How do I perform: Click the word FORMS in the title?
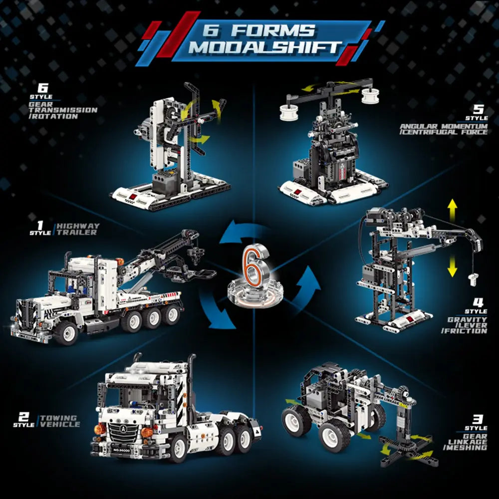point(273,30)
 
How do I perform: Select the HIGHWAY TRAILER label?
point(78,229)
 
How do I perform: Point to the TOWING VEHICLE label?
point(60,421)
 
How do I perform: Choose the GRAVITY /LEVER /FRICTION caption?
point(465,325)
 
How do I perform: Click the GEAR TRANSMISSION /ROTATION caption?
point(63,110)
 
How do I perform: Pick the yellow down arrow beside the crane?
point(452,266)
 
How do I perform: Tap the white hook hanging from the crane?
point(473,279)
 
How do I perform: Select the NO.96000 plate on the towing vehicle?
point(121,450)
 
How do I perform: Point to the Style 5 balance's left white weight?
point(289,112)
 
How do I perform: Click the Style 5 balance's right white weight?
point(370,96)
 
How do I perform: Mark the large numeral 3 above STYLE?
point(478,419)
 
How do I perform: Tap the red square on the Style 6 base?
point(132,196)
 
